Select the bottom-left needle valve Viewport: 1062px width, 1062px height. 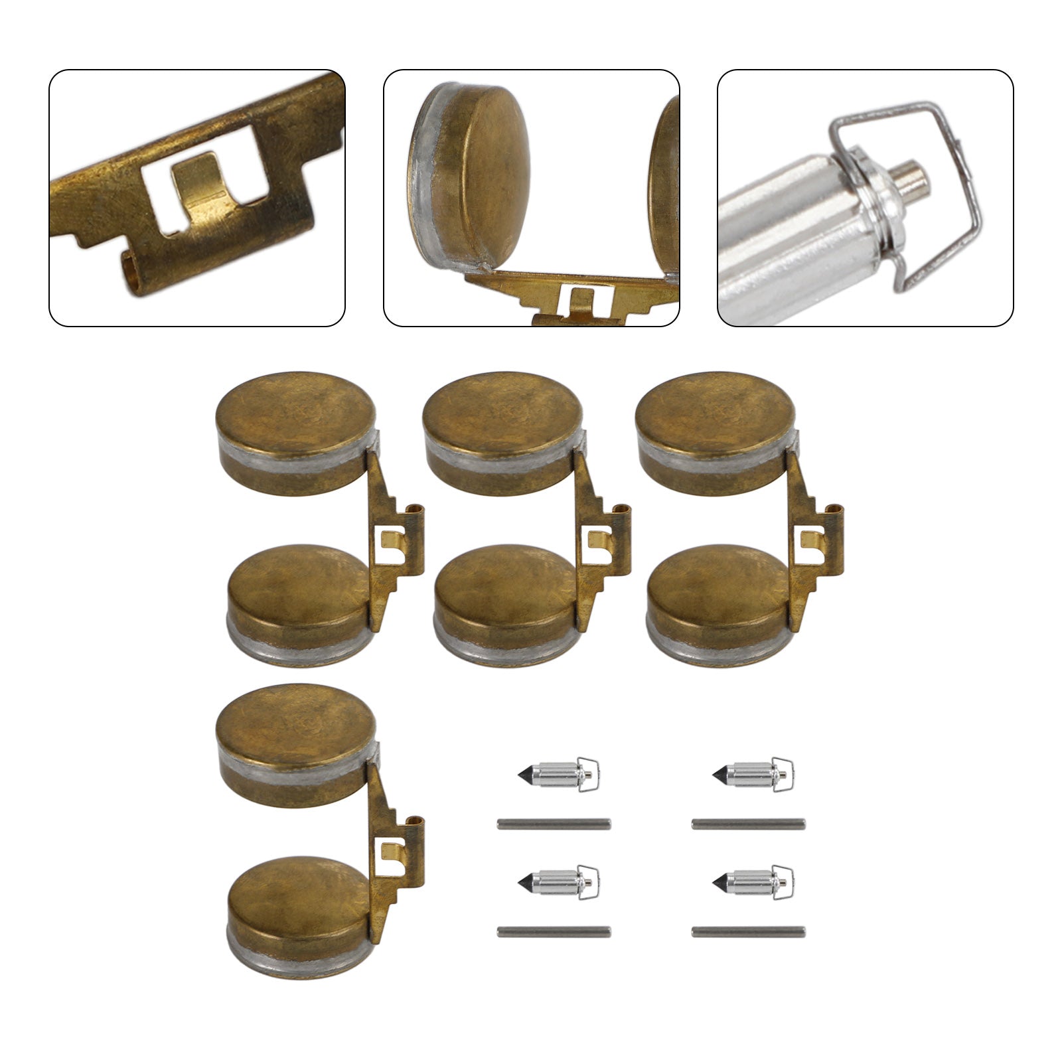click(558, 882)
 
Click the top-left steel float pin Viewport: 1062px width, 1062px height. click(554, 824)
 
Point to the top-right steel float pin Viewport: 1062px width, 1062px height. click(748, 824)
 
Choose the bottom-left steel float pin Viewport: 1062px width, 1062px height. click(554, 932)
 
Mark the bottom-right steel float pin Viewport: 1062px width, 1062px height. click(748, 932)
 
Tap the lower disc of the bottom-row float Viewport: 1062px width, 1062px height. click(299, 896)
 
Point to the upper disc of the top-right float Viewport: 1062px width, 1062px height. click(716, 418)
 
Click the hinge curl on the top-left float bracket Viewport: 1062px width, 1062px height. click(417, 509)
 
